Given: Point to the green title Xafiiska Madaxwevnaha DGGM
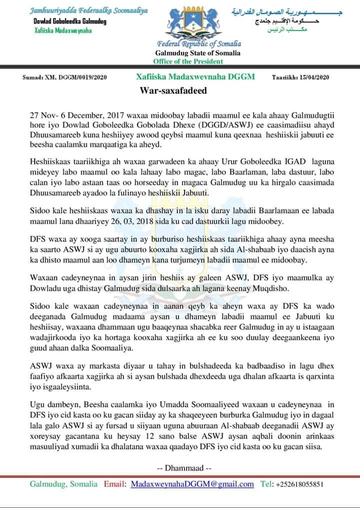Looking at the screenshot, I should [x=195, y=77].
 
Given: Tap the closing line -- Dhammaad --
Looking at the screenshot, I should [x=184, y=468].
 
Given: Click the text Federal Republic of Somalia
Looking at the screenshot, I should [x=198, y=44].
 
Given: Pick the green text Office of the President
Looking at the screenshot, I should [x=188, y=61].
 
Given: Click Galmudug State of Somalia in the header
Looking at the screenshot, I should [x=198, y=53].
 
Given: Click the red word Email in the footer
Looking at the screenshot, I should [x=114, y=484].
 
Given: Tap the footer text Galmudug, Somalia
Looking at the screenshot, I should [x=63, y=484].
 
